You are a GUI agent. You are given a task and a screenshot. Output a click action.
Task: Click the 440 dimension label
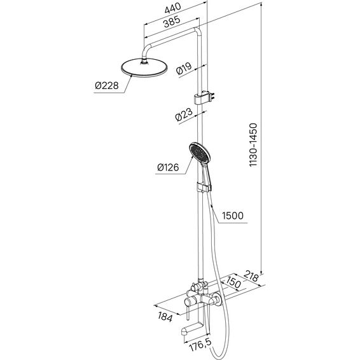(x=173, y=8)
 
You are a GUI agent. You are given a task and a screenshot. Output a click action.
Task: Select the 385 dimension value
(x=172, y=22)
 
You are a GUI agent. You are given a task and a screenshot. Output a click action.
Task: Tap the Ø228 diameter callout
(x=107, y=86)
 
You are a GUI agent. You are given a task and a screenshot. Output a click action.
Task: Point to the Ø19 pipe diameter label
(x=184, y=68)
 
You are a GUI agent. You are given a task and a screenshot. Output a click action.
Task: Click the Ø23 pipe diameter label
(x=184, y=114)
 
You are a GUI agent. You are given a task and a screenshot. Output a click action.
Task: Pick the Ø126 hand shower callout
(x=168, y=167)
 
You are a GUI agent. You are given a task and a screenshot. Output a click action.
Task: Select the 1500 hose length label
(x=233, y=216)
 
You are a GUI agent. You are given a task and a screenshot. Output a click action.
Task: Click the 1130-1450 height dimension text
(x=254, y=145)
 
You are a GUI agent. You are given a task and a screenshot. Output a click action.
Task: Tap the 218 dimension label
(x=251, y=276)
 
